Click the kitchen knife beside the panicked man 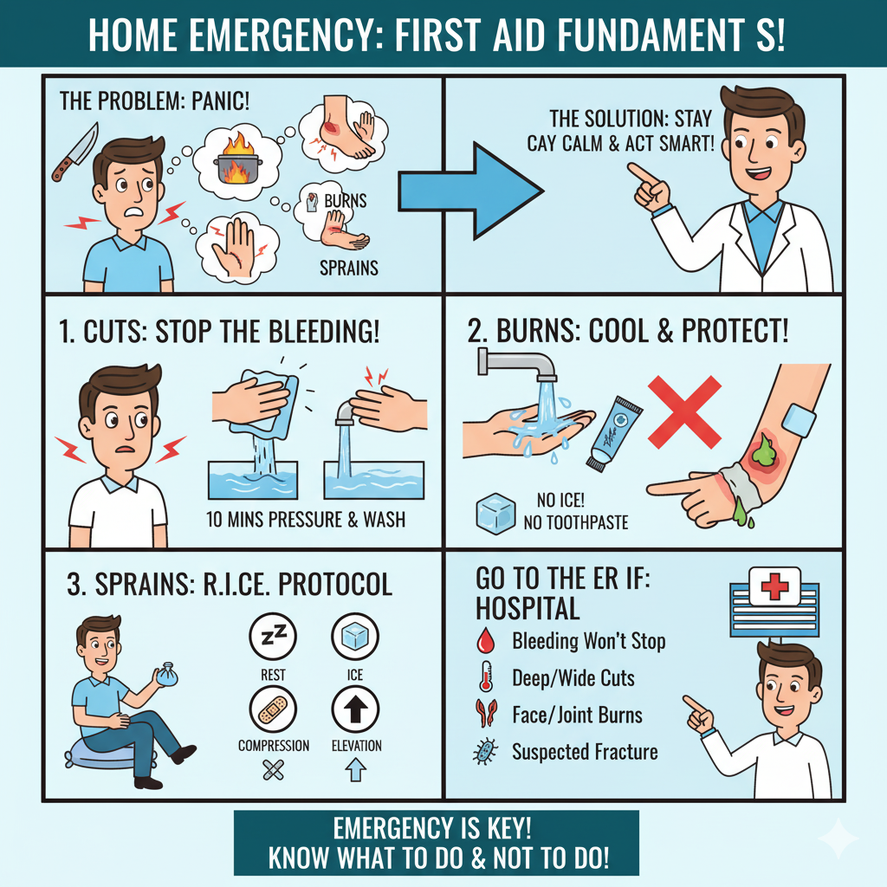pyautogui.click(x=74, y=151)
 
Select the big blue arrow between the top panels pyautogui.click(x=470, y=191)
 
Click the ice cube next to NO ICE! pyautogui.click(x=495, y=514)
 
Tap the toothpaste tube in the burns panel pyautogui.click(x=613, y=433)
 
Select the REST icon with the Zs pyautogui.click(x=273, y=637)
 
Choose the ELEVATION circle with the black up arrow pyautogui.click(x=355, y=709)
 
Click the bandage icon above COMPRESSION pyautogui.click(x=273, y=709)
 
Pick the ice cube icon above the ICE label pyautogui.click(x=355, y=637)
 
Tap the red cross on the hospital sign pyautogui.click(x=774, y=586)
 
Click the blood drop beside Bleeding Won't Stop pyautogui.click(x=485, y=640)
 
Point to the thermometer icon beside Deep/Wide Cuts pyautogui.click(x=486, y=677)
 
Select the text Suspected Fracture pyautogui.click(x=585, y=752)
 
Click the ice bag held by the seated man pyautogui.click(x=167, y=675)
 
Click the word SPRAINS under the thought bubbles pyautogui.click(x=349, y=268)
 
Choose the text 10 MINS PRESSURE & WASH pyautogui.click(x=306, y=520)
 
